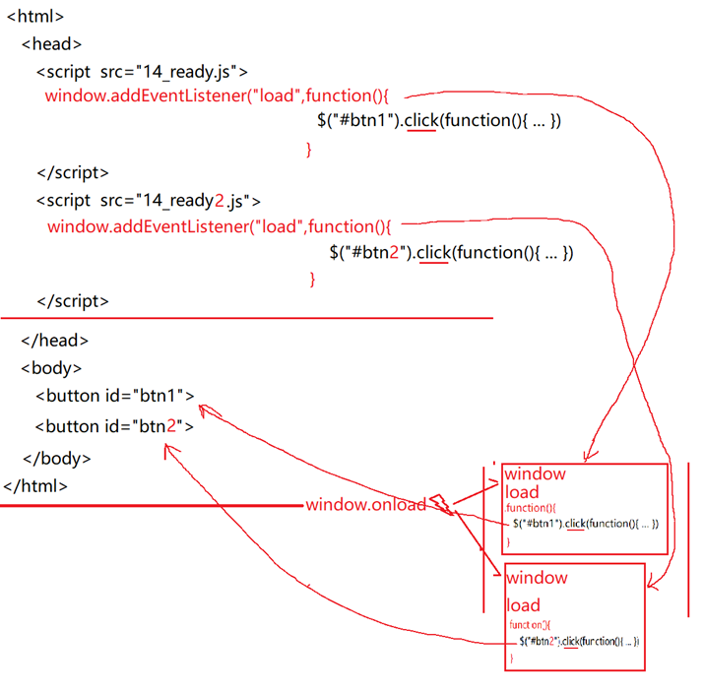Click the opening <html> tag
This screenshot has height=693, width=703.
[x=35, y=17]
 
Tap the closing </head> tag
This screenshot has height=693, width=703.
[x=54, y=341]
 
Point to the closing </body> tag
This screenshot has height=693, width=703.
[x=56, y=458]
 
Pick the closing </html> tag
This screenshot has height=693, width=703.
[x=36, y=485]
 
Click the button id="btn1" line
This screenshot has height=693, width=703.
[x=115, y=396]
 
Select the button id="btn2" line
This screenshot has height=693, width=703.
[x=115, y=426]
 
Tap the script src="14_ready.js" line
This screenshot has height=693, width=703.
[x=142, y=71]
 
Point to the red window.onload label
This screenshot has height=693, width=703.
[x=365, y=505]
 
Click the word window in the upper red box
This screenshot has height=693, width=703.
[x=535, y=473]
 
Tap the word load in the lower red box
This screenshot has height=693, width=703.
[x=524, y=604]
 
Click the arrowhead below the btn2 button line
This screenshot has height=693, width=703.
[x=171, y=449]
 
